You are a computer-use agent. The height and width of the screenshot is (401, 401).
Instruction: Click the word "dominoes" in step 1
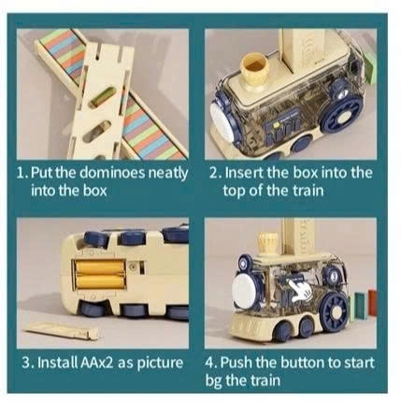tap(111, 173)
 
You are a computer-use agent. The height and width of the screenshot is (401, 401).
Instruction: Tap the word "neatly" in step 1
tap(168, 174)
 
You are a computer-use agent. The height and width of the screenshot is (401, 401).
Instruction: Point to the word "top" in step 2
tap(234, 191)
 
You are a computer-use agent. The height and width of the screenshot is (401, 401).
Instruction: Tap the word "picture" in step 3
tap(160, 364)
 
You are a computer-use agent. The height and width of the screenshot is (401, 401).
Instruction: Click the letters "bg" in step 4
tap(213, 381)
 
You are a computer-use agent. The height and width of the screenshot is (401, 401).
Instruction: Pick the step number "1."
tap(22, 173)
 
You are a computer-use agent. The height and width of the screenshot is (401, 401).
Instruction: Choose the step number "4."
tap(211, 363)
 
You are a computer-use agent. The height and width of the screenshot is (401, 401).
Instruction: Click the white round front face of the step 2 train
tap(222, 121)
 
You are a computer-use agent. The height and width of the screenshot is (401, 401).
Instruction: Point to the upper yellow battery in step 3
tap(99, 267)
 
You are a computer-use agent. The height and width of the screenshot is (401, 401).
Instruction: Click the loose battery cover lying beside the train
tap(62, 331)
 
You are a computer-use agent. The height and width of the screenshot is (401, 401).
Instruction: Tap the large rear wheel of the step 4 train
tap(335, 309)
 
